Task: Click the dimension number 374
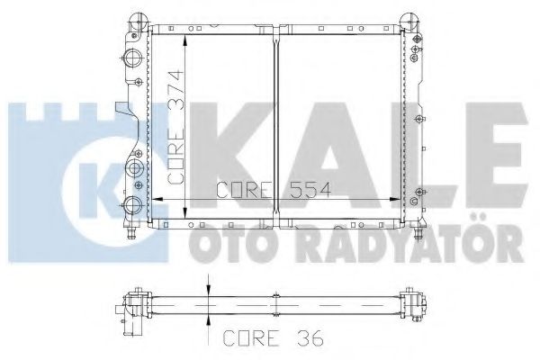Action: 175,91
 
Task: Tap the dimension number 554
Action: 310,190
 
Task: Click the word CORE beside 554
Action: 244,190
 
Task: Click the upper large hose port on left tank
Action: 133,58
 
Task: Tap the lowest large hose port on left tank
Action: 132,205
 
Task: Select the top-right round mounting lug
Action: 409,22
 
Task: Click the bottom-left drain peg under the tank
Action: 131,234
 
